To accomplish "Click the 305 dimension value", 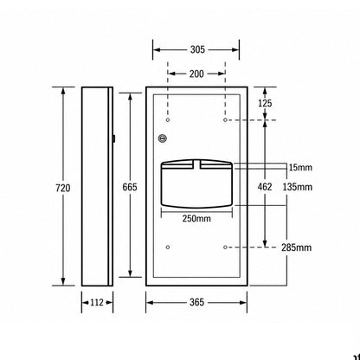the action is (197, 49).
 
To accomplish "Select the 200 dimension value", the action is (196, 74).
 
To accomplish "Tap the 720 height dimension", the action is (63, 188).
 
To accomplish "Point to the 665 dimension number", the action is (130, 187).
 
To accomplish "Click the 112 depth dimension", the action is (97, 302).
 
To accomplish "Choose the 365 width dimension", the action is (197, 302).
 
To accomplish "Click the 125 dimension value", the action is (265, 103).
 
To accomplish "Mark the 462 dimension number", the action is (265, 187).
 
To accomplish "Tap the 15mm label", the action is (300, 167).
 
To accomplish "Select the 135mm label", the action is (298, 187).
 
